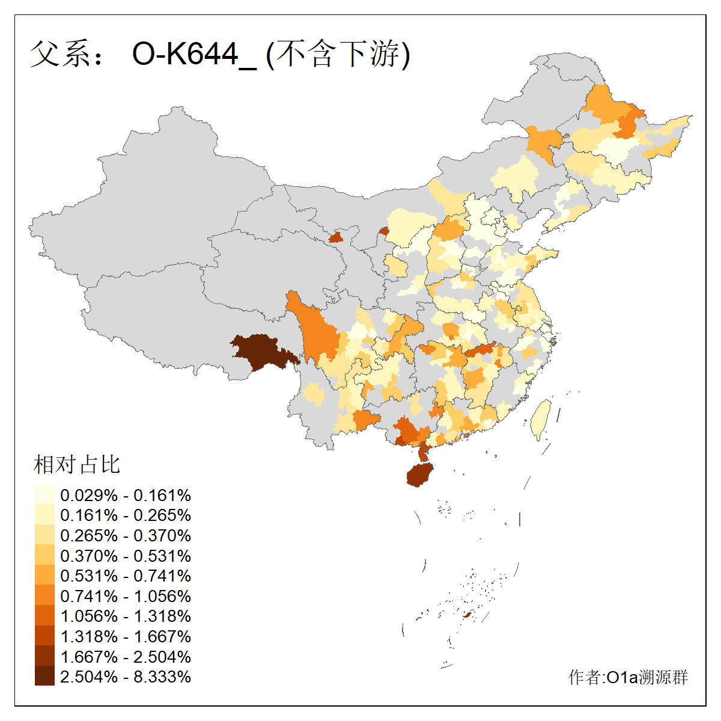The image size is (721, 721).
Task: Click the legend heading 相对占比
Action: (x=76, y=464)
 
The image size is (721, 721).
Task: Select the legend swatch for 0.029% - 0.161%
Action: (x=44, y=495)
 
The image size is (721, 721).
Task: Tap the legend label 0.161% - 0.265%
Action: (x=126, y=516)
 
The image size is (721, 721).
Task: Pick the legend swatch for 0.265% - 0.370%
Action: (x=44, y=535)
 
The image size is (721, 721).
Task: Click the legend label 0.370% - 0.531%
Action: (x=126, y=556)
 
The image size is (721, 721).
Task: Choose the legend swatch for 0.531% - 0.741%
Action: (x=44, y=576)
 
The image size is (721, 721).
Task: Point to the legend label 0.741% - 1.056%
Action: (x=126, y=596)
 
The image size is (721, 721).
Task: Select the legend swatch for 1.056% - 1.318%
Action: (x=44, y=616)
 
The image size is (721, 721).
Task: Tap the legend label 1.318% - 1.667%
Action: (x=126, y=636)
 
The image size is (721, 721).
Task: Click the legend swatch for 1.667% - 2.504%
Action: (x=44, y=656)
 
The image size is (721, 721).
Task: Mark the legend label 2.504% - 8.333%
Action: (x=126, y=677)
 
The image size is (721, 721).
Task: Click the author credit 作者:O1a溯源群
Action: (x=628, y=677)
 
